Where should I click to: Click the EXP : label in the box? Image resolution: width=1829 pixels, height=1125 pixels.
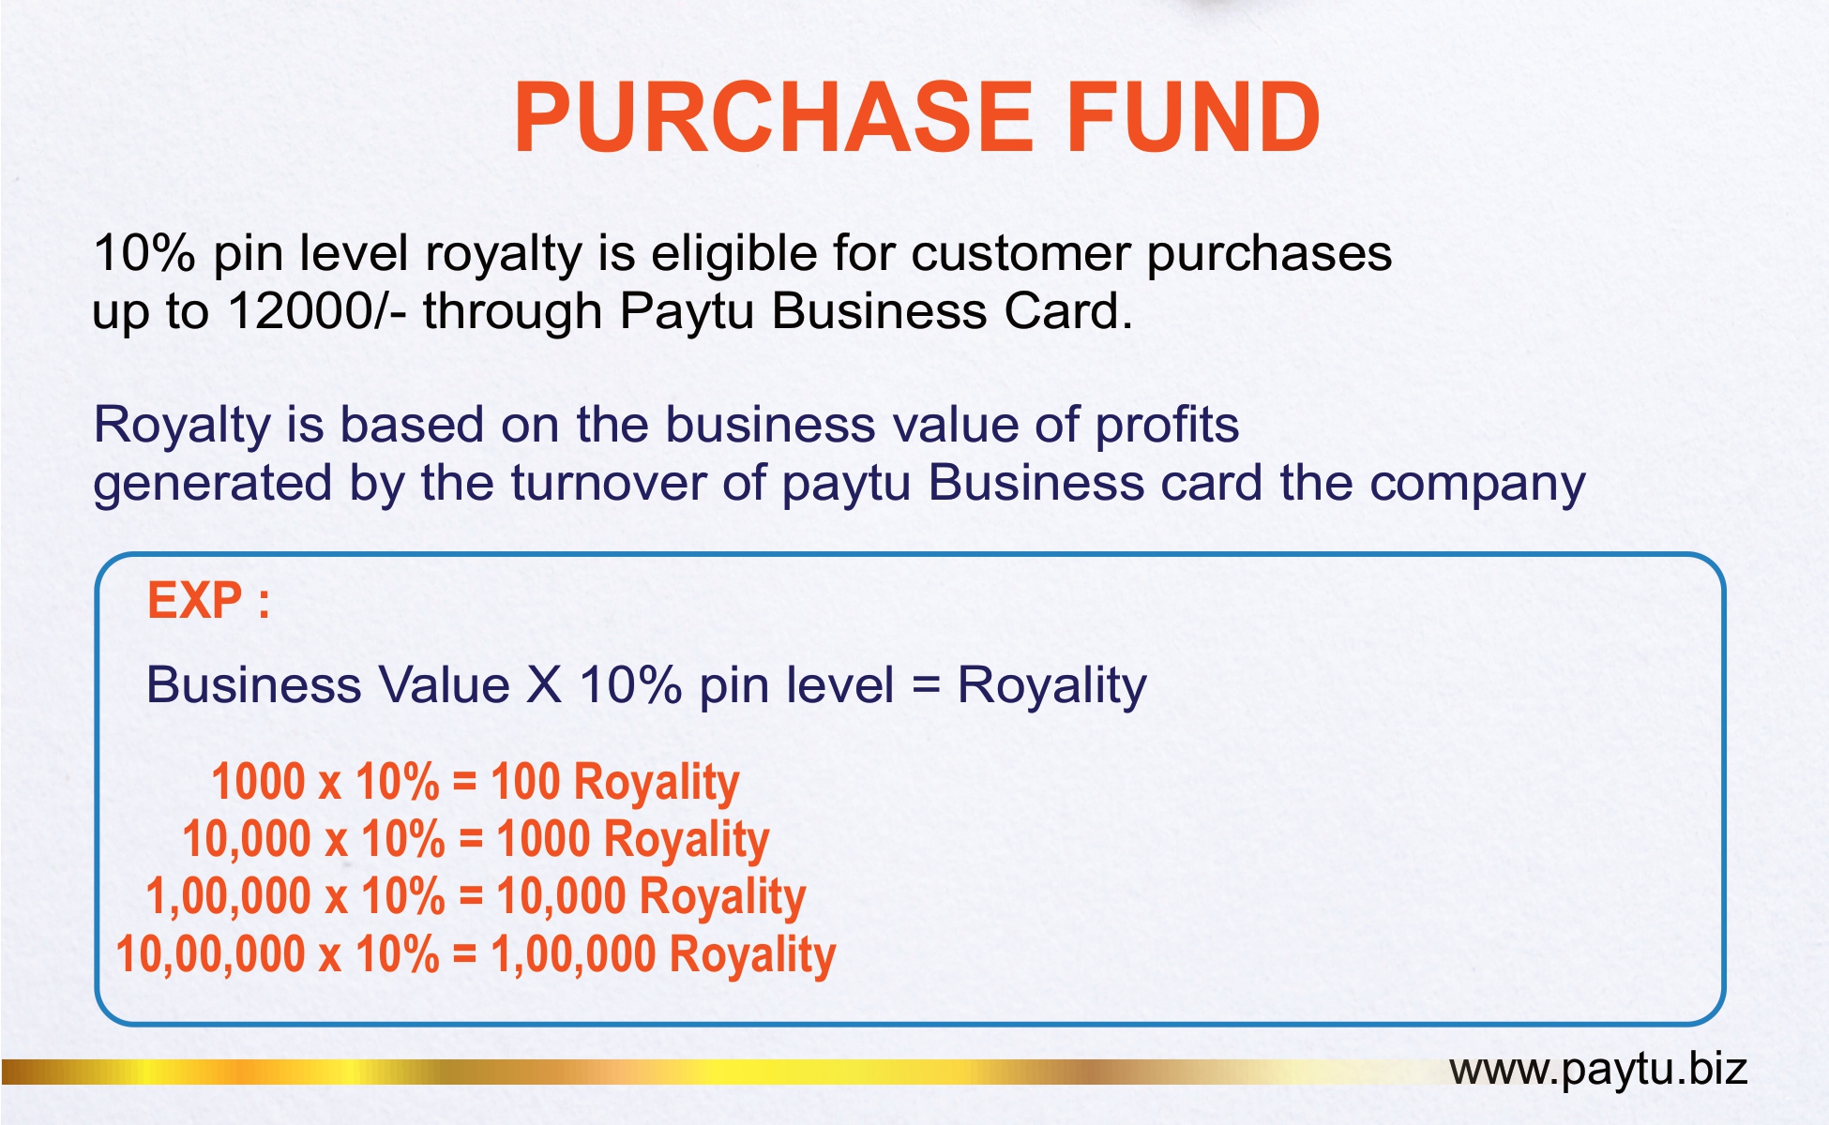coord(209,600)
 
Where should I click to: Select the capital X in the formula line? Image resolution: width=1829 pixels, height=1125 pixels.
coord(544,685)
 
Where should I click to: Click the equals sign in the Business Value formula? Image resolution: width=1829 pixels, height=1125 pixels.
coord(925,685)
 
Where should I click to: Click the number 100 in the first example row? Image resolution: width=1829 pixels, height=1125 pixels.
coord(525,781)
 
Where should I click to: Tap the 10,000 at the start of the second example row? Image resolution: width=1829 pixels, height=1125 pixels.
coord(247,839)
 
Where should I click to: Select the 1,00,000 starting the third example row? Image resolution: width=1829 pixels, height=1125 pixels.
coord(228,897)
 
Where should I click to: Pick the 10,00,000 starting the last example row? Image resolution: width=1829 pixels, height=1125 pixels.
coord(210,955)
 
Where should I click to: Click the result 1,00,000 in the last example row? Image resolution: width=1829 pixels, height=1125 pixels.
coord(573,955)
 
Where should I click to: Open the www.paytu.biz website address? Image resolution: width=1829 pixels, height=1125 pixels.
coord(1598,1070)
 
